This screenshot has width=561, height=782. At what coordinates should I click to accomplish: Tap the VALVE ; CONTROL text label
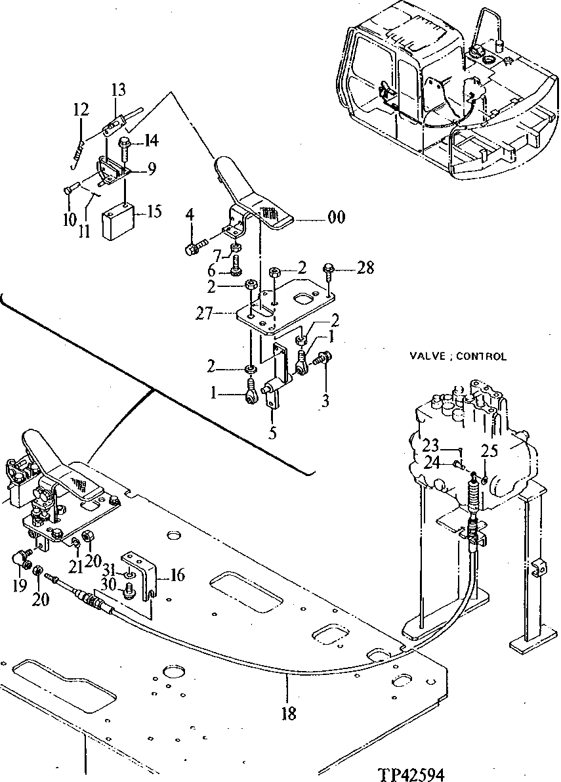point(458,357)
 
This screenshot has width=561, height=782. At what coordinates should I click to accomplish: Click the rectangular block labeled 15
point(118,220)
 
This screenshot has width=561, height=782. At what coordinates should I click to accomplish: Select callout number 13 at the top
point(118,90)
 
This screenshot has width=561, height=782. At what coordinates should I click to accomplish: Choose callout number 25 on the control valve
point(489,451)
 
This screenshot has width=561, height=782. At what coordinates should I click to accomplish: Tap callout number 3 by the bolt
point(325,401)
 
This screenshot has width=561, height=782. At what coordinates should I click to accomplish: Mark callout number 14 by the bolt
point(151,140)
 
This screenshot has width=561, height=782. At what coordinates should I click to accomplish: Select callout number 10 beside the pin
point(70,218)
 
